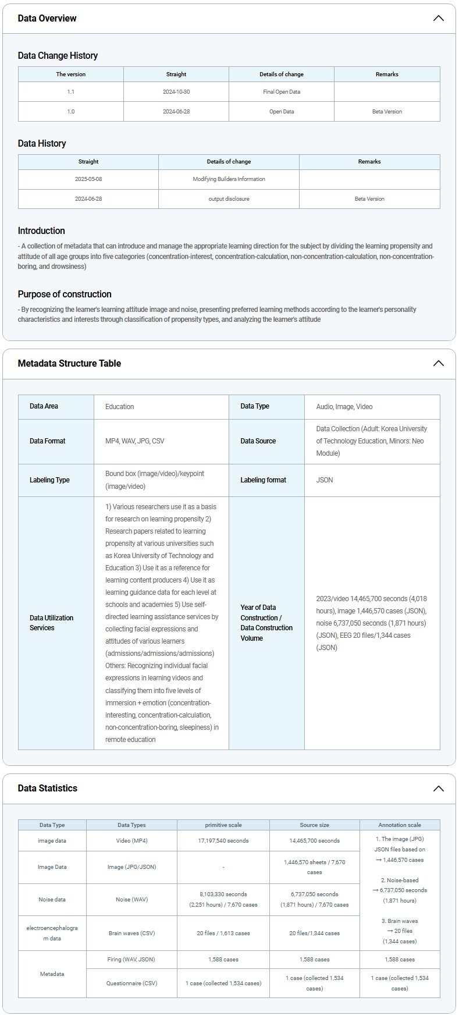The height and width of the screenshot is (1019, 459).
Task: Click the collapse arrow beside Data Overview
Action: [x=438, y=18]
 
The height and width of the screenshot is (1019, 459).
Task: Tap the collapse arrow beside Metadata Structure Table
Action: [x=438, y=363]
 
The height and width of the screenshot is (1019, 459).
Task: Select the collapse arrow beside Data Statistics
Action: [x=438, y=789]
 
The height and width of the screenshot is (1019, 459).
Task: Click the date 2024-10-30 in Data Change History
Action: [x=176, y=92]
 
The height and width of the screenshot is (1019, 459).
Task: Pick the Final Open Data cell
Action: [x=282, y=92]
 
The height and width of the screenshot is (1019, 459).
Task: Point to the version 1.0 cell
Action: [x=71, y=112]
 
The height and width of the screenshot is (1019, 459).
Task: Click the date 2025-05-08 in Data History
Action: [x=88, y=179]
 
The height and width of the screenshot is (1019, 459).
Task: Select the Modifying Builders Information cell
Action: [x=229, y=179]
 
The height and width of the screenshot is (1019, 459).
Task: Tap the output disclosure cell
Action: [x=229, y=199]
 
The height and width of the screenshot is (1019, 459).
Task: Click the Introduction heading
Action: [x=41, y=231]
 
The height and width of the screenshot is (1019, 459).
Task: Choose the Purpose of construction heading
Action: [x=65, y=294]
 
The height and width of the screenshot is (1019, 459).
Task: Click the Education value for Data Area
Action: [x=120, y=407]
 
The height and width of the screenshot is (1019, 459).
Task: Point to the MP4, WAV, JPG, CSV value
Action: [x=135, y=441]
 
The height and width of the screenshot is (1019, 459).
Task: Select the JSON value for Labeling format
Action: [x=325, y=480]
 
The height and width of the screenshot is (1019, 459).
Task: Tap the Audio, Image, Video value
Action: [x=344, y=407]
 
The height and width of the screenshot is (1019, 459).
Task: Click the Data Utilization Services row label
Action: [x=52, y=623]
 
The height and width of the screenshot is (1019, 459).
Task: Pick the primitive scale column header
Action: [x=223, y=825]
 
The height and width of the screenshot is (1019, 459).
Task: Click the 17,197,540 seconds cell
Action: [x=223, y=841]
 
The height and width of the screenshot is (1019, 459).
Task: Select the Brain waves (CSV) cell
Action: [x=132, y=933]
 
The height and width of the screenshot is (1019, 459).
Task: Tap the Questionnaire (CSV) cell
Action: [x=132, y=983]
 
